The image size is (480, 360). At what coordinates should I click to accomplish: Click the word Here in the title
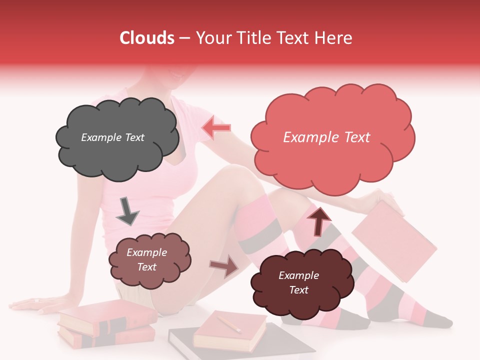(x=334, y=38)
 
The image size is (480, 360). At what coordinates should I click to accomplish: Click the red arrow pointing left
(x=216, y=128)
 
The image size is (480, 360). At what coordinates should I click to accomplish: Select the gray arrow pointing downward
(x=127, y=211)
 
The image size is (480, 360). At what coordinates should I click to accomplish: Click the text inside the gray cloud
(x=112, y=137)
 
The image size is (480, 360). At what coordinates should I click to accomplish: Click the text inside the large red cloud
(x=326, y=137)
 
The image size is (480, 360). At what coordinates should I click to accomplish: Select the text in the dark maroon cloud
(x=298, y=282)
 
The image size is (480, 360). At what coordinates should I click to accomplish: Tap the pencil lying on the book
(x=228, y=323)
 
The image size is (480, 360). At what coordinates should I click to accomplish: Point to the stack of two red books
(x=106, y=324)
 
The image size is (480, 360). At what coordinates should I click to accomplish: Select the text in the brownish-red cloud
(x=146, y=259)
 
